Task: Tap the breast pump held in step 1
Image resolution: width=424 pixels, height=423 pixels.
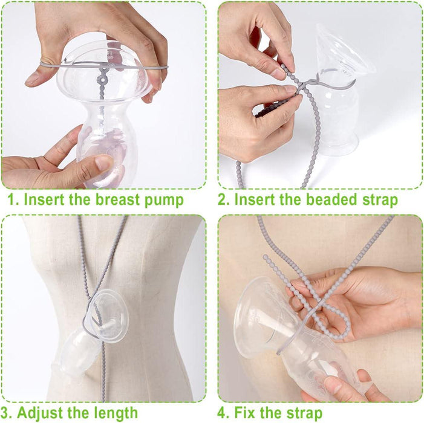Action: tap(103, 121)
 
